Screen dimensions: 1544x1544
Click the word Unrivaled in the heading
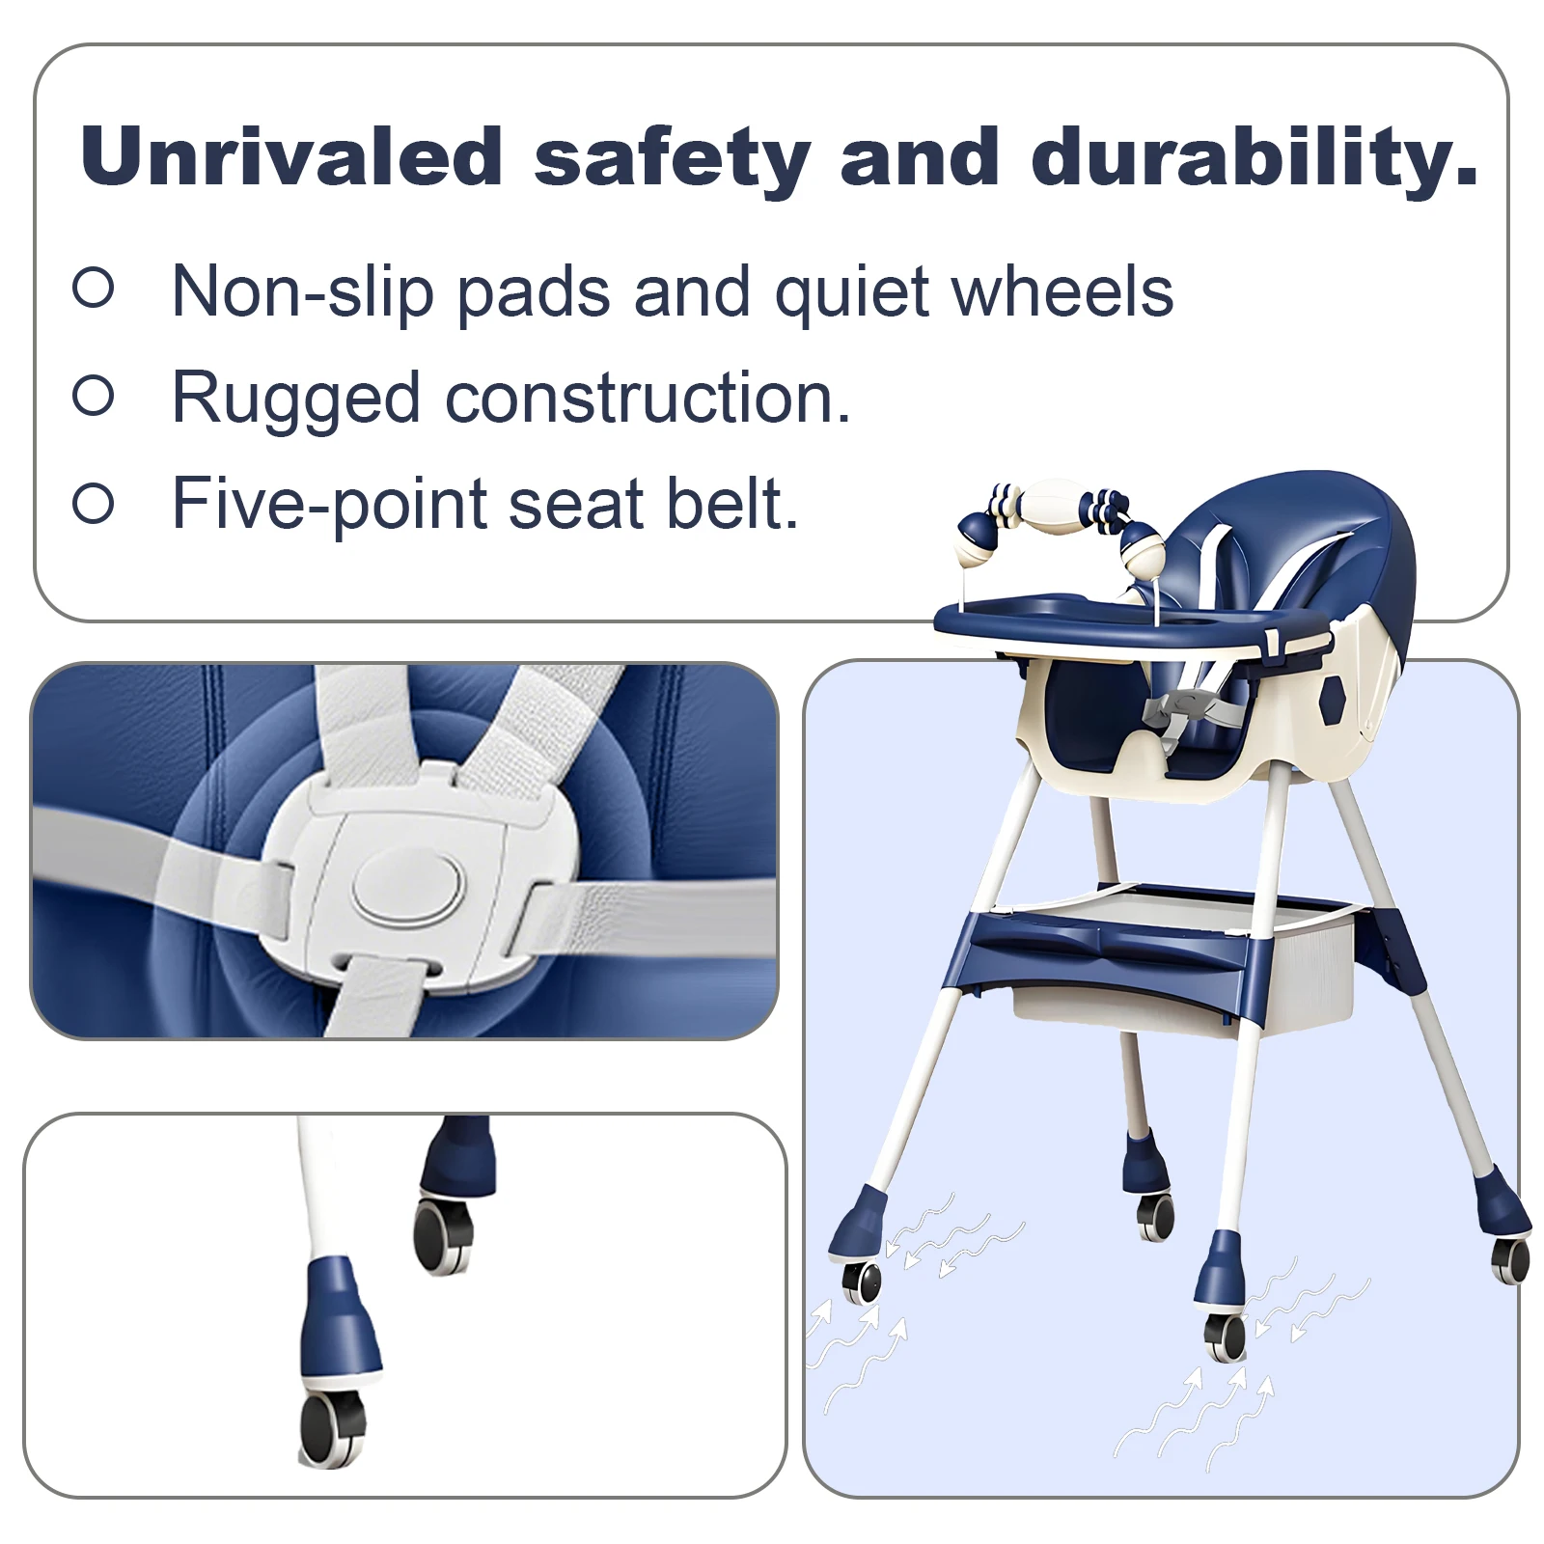(292, 155)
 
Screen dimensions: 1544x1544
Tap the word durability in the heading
(1254, 155)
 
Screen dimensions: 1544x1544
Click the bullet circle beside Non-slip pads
(94, 288)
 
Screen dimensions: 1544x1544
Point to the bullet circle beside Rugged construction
(94, 395)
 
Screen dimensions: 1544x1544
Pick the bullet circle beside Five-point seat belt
(94, 503)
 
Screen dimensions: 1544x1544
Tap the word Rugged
(296, 399)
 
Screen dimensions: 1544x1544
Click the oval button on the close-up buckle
(406, 889)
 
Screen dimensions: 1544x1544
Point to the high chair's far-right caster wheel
(1510, 1258)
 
